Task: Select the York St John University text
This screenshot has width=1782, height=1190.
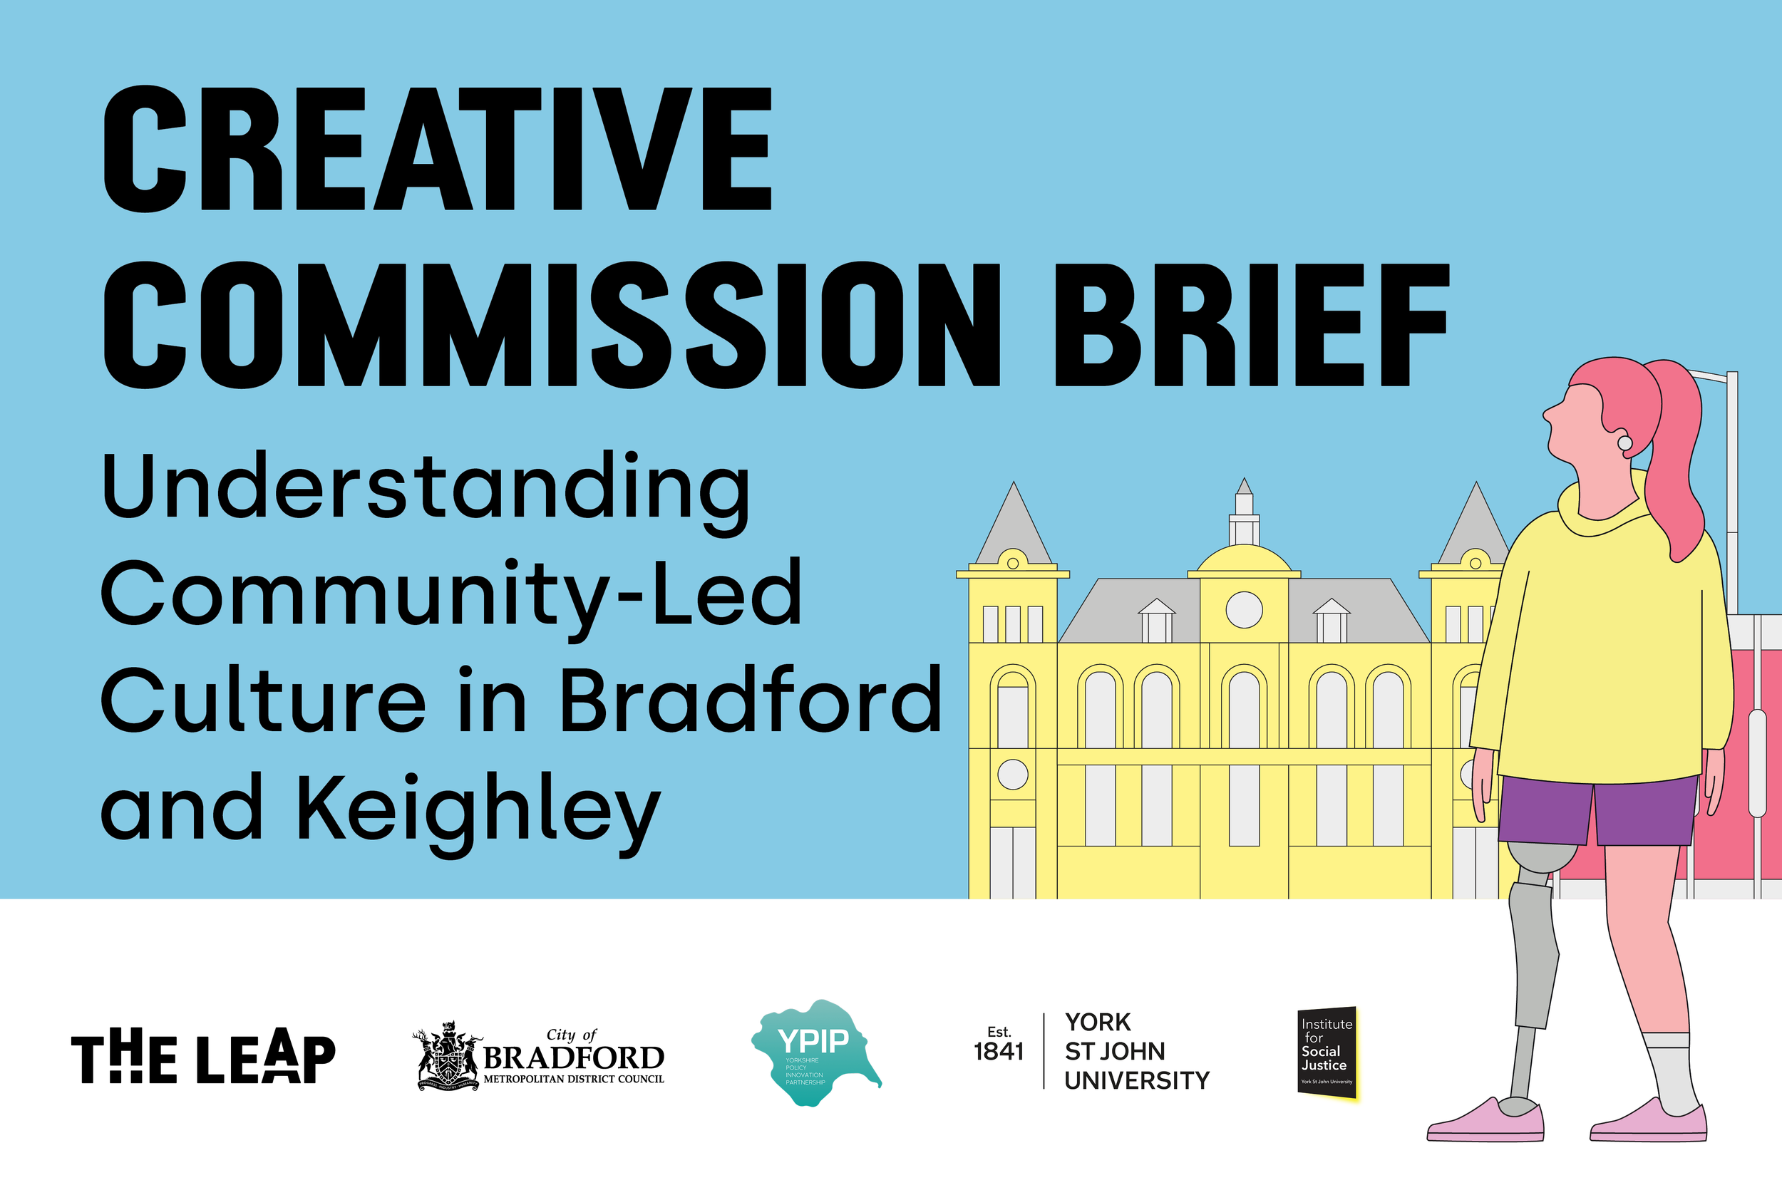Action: pos(1136,1051)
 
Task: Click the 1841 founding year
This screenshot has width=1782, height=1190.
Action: pos(999,1052)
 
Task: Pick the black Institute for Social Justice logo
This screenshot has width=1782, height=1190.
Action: pos(1327,1052)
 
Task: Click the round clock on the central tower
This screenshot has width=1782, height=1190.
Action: pos(1244,609)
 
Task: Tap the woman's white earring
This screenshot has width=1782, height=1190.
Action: pos(1625,443)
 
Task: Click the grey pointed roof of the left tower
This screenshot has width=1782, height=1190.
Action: pos(1013,527)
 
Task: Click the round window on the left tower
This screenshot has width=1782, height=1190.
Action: pos(1012,775)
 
